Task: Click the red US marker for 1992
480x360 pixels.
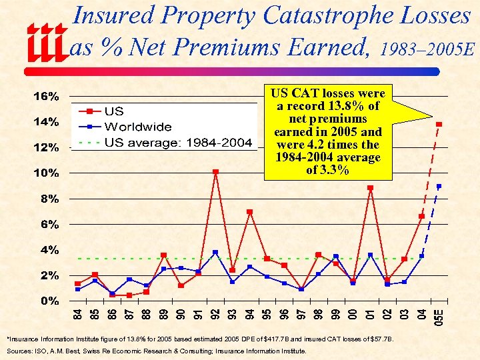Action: [x=215, y=172]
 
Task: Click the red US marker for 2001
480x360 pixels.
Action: [x=371, y=188]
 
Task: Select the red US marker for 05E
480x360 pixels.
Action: [x=439, y=125]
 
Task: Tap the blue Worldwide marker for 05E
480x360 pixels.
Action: [x=439, y=186]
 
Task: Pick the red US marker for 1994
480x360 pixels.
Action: [x=249, y=212]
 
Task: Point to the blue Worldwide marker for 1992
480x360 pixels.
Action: [x=215, y=253]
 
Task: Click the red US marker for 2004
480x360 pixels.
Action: [x=421, y=216]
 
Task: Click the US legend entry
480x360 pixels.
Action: [x=114, y=111]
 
